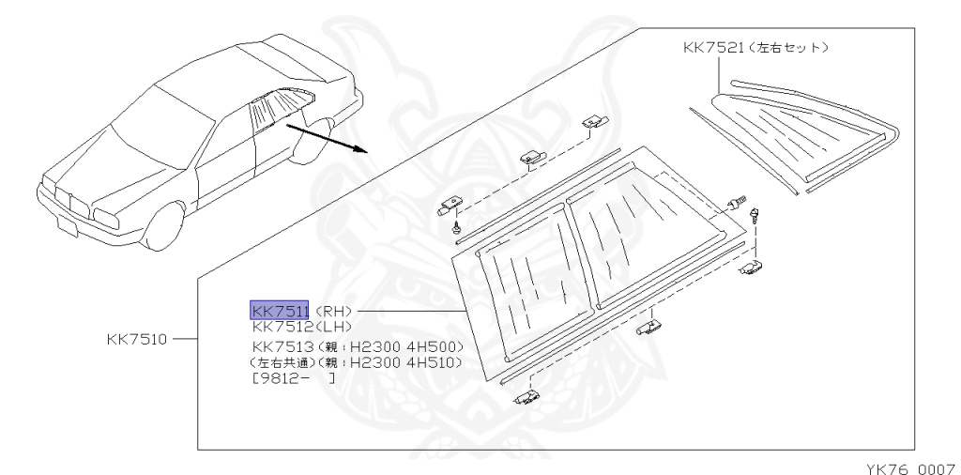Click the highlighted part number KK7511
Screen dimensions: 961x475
tap(279, 310)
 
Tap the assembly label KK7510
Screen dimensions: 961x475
tap(138, 338)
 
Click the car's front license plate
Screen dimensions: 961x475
tap(65, 225)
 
